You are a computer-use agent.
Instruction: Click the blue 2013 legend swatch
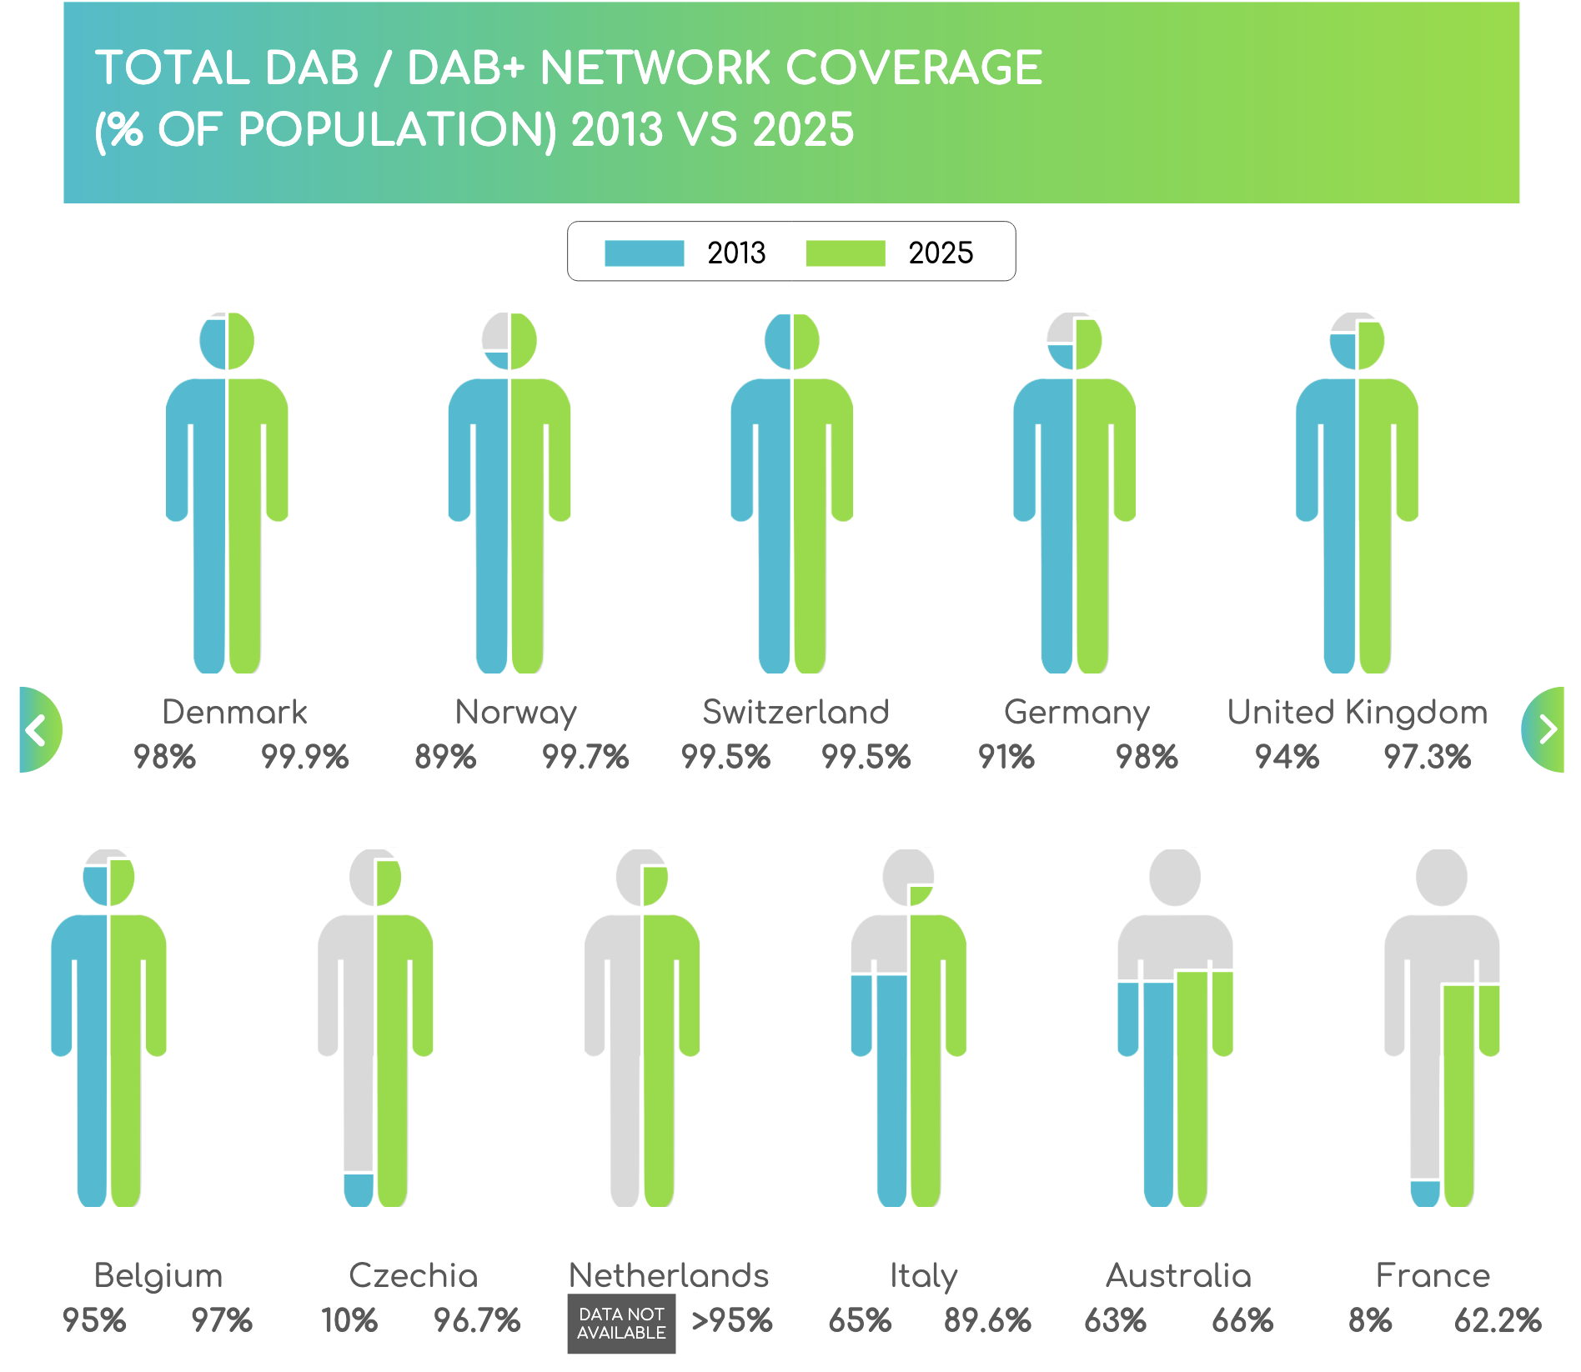pos(644,253)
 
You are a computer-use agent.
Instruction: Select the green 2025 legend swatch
pos(845,253)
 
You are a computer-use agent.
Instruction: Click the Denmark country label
pos(234,713)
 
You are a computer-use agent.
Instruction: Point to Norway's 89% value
pos(445,757)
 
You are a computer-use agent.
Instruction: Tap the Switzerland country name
pos(796,713)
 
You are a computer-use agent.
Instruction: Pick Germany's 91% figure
pos(1006,757)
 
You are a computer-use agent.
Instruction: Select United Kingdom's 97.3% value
pos(1427,757)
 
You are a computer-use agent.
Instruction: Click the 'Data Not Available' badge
pos(621,1323)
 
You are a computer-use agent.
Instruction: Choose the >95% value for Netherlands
pos(732,1321)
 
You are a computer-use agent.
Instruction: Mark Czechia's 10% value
pos(349,1321)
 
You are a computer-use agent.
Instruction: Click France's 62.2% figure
pos(1498,1321)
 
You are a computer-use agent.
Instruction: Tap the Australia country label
pos(1178,1276)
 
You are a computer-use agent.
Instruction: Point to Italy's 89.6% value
pos(987,1321)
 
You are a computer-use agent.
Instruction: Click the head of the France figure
pos(1442,877)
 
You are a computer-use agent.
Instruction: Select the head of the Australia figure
pos(1175,877)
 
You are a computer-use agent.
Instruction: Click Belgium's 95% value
pos(94,1321)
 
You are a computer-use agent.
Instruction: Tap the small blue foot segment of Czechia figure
pos(359,1189)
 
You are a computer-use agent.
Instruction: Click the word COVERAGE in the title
pos(914,68)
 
